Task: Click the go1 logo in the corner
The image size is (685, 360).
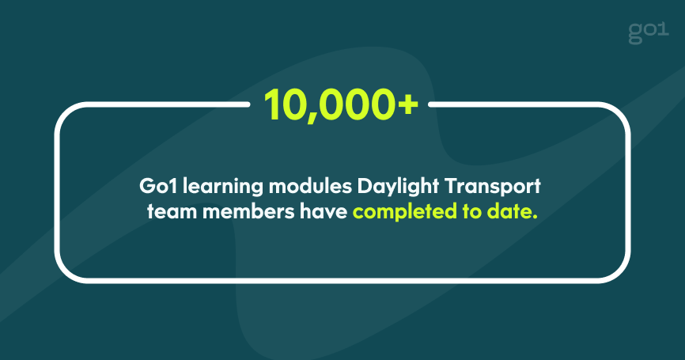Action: [649, 32]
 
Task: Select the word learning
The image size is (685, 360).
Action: [223, 188]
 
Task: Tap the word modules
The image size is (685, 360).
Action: [310, 187]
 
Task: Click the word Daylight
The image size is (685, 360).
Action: [398, 188]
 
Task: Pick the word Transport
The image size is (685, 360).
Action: [493, 188]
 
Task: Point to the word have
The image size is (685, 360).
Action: [324, 211]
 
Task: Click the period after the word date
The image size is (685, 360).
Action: [535, 217]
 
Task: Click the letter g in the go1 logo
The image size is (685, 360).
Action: [635, 35]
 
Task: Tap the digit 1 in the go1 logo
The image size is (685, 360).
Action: [663, 30]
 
